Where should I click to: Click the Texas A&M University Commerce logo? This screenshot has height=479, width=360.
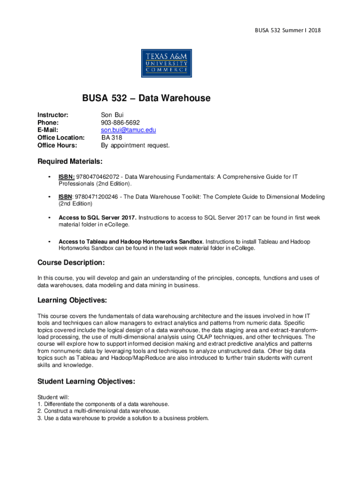(x=166, y=63)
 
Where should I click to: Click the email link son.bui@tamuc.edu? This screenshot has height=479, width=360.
(x=129, y=130)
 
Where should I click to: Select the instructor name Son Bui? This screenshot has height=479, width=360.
(x=112, y=115)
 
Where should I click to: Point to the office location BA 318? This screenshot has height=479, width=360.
(x=112, y=138)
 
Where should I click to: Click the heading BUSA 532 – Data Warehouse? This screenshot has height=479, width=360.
(x=146, y=98)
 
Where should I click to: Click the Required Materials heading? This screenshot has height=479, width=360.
(x=70, y=162)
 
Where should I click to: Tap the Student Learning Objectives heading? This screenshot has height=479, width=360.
(x=86, y=382)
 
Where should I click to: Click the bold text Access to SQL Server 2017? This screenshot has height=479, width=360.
(x=97, y=218)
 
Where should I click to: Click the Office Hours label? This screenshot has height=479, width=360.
(x=57, y=145)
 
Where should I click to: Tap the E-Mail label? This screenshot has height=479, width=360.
(x=48, y=130)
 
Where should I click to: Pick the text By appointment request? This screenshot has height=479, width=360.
(x=136, y=145)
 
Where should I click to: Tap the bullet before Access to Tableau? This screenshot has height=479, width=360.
(x=49, y=242)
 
